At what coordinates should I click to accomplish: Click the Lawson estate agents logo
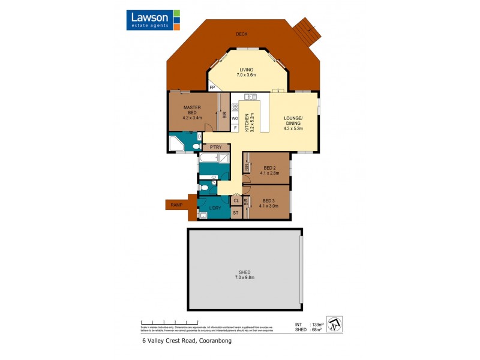tap(154, 20)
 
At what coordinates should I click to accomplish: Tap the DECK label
tap(241, 34)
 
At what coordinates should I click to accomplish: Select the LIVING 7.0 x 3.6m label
tap(244, 72)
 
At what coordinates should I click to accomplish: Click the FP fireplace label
tap(212, 88)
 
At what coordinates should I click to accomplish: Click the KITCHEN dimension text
tap(252, 123)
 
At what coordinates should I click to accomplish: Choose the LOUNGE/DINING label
tap(294, 122)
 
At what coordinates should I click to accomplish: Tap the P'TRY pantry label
tap(216, 147)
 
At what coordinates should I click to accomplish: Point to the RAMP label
tap(176, 205)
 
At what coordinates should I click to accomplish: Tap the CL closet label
tap(236, 201)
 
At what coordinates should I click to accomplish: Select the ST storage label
tap(236, 213)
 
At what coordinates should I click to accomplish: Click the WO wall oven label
tap(235, 118)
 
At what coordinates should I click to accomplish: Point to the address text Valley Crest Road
tap(187, 341)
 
